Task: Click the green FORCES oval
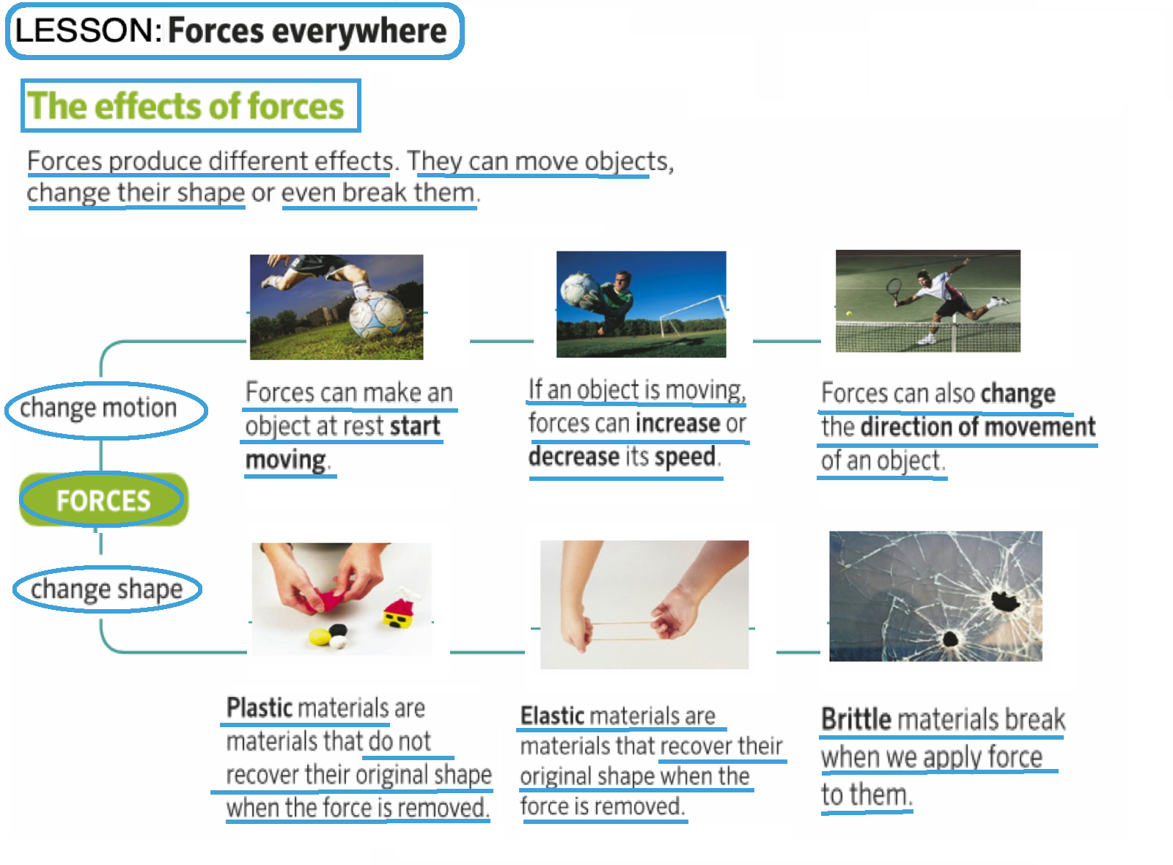(x=103, y=501)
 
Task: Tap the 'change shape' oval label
(x=107, y=589)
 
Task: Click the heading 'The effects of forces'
(x=186, y=106)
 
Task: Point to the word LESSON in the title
(x=84, y=31)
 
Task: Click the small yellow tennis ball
(x=849, y=313)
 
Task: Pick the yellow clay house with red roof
(x=400, y=613)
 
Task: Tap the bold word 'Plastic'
(x=260, y=708)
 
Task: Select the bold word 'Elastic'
(x=552, y=715)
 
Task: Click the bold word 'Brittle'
(x=856, y=719)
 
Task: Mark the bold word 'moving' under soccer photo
(x=285, y=460)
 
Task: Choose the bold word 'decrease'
(x=574, y=457)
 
